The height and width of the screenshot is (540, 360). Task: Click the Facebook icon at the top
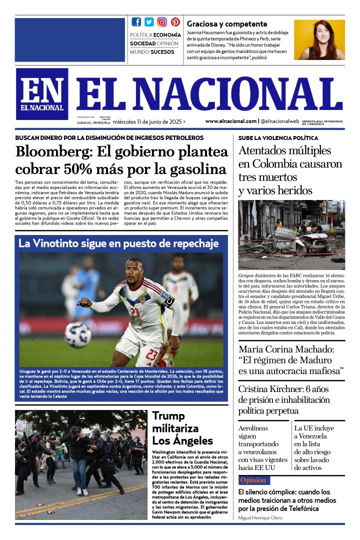136,22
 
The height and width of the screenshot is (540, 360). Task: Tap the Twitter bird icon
149,22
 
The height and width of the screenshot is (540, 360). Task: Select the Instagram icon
162,22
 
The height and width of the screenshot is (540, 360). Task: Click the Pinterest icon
175,22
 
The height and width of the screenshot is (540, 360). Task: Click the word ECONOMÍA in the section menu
167,35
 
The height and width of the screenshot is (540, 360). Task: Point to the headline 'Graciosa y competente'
227,24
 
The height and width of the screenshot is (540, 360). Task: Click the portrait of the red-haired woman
319,40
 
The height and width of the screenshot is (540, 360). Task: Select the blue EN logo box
42,93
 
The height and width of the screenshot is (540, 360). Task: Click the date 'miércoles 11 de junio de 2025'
147,121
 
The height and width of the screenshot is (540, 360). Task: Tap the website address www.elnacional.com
230,121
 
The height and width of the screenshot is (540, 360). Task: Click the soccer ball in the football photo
77,334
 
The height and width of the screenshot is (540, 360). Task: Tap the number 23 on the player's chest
136,312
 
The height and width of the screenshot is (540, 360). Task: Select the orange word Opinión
252,480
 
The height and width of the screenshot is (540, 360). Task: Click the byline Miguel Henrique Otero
260,518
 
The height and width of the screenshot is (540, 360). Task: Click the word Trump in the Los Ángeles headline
168,416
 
